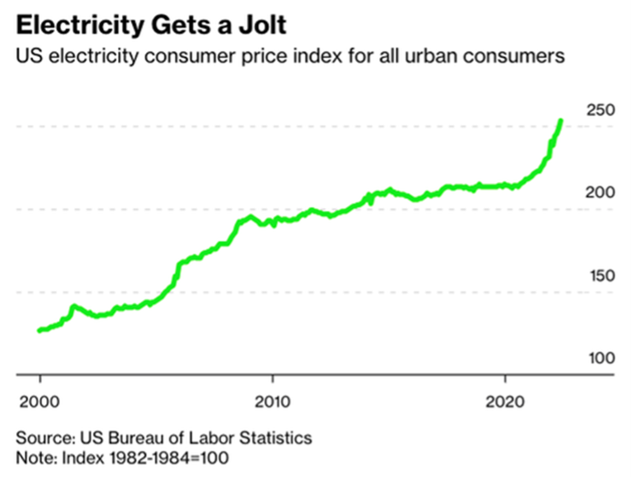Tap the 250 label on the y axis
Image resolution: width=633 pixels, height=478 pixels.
(601, 110)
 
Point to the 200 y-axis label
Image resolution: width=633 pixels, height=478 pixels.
(601, 193)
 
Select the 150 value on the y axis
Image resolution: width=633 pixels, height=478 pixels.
(601, 276)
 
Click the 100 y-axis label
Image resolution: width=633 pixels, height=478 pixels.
(601, 358)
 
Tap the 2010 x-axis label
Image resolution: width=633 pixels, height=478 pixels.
(273, 401)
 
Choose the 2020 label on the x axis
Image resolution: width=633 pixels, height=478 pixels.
(506, 401)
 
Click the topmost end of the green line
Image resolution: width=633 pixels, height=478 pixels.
(560, 120)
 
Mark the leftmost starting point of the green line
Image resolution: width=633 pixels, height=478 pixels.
(39, 330)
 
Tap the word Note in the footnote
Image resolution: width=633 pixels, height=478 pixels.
(33, 458)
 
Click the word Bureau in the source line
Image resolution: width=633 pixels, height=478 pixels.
(138, 438)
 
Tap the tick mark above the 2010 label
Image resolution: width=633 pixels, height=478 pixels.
(273, 379)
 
